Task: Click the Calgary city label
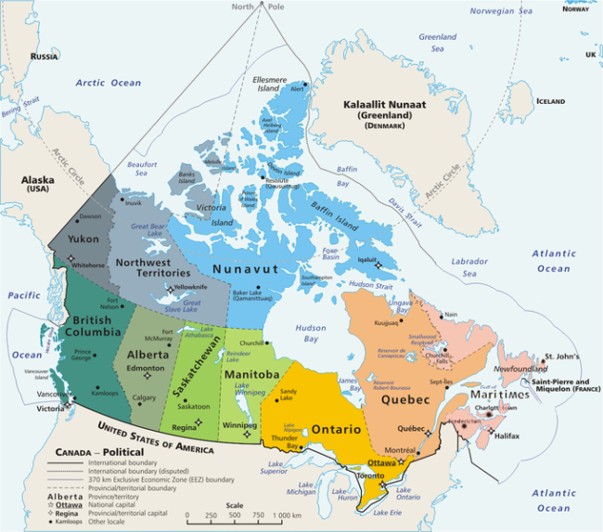coord(144,397)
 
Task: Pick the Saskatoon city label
coord(193,406)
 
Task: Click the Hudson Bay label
coord(310,332)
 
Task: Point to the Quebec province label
coord(405,399)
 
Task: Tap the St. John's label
coord(562,357)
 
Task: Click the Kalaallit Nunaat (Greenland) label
coord(383,110)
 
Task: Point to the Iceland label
coord(550,100)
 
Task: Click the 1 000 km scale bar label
coord(289,515)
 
